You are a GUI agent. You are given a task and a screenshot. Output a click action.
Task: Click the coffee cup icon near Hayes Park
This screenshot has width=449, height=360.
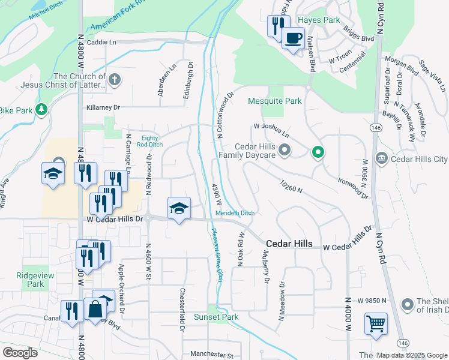[292, 38]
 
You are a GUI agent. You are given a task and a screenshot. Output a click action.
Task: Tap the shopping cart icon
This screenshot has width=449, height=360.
[376, 324]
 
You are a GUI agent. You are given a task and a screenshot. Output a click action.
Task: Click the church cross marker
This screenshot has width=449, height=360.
[115, 79]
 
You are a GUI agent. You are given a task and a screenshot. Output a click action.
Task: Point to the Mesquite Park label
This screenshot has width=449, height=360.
[276, 101]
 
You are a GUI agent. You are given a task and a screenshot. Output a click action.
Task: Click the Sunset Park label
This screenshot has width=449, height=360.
[216, 317]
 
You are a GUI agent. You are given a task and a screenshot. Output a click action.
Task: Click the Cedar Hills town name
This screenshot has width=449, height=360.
[289, 244]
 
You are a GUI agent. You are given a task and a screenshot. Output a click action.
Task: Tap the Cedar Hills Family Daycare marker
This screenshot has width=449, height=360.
[285, 149]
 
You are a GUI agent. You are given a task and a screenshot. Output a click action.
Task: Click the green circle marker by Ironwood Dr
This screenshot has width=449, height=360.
[318, 153]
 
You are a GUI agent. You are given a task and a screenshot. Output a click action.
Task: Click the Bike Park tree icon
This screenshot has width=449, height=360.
[41, 109]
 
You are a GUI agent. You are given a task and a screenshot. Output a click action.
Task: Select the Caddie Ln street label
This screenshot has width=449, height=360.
[101, 42]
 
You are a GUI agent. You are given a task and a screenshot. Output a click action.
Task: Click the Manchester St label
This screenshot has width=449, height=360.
[211, 355]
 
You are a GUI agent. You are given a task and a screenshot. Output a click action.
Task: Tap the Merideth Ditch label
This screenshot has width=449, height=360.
[235, 214]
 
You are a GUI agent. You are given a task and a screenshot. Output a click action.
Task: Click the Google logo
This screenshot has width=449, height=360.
[20, 353]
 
